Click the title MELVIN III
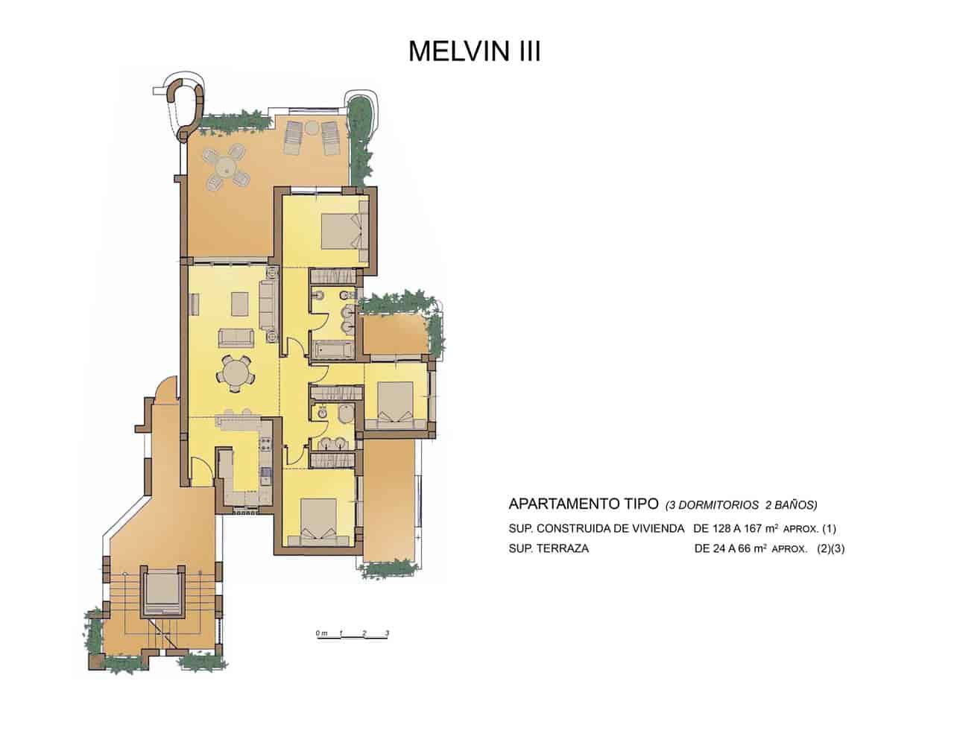475,51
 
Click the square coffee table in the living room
240,304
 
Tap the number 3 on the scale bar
387,633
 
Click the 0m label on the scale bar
321,633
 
